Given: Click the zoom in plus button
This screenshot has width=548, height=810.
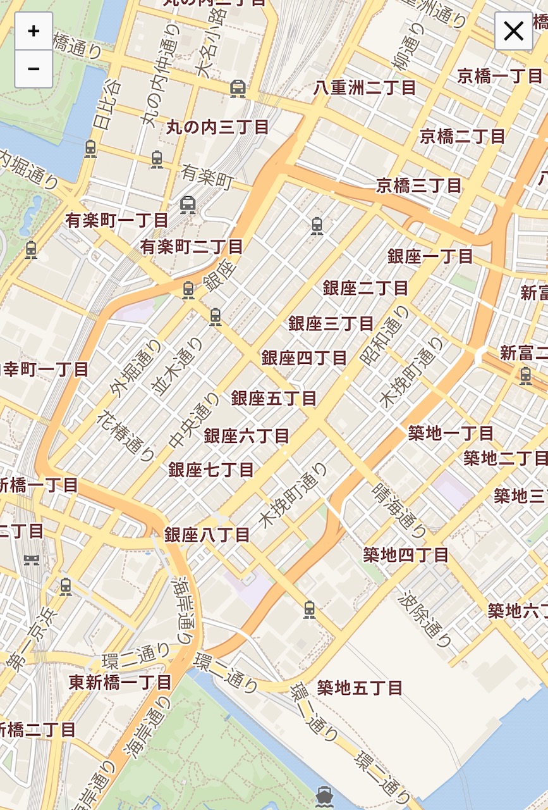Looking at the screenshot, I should (x=33, y=30).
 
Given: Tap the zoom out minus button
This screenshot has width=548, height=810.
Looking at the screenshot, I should (x=33, y=68).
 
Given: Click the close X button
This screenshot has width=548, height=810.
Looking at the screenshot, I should (x=513, y=30).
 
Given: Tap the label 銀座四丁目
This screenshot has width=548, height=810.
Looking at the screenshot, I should (x=304, y=358).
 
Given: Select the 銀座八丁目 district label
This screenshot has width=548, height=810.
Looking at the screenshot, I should (x=207, y=535).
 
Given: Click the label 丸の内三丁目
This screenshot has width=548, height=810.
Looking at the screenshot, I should (x=217, y=127).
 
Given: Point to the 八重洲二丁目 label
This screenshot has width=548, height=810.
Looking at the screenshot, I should (x=365, y=87).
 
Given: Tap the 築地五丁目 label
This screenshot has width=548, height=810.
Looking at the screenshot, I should (x=360, y=687).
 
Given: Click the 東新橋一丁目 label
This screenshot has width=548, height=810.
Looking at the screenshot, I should (x=120, y=682).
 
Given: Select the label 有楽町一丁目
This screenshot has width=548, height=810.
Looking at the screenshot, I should (x=117, y=220).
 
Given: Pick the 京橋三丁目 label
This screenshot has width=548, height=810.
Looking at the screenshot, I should (x=419, y=185).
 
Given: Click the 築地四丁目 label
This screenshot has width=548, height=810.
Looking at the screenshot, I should (x=406, y=555).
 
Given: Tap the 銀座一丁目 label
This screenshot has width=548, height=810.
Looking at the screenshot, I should (x=430, y=256).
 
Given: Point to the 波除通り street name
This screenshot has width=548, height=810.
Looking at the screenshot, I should (x=426, y=620).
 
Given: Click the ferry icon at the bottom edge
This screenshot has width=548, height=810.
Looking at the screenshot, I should (x=324, y=795).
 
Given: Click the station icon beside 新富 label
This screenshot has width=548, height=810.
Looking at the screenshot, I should (x=525, y=376).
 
